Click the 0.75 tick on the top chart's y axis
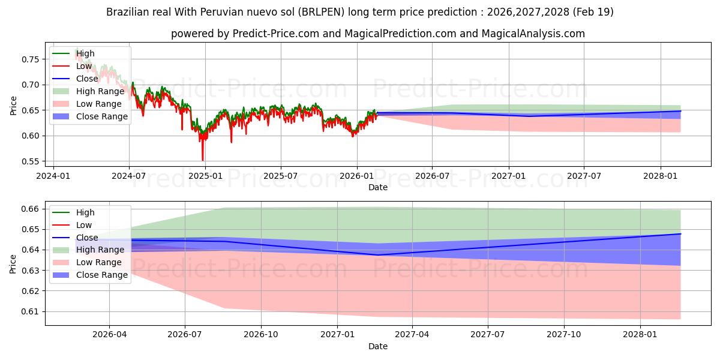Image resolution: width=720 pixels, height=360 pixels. (30, 59)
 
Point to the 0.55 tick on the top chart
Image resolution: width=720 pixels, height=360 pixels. (30, 161)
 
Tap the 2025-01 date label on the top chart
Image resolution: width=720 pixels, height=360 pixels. (205, 176)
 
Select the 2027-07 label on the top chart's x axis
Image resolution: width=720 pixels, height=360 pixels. (584, 176)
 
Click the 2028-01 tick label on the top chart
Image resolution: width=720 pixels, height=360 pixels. (660, 176)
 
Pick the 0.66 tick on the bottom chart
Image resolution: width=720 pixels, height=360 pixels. (30, 209)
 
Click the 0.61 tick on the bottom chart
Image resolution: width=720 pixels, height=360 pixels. (30, 311)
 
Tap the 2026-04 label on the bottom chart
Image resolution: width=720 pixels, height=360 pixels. (109, 335)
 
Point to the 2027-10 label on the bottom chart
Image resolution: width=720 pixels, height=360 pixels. (564, 335)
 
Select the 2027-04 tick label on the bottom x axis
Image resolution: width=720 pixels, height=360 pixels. (412, 335)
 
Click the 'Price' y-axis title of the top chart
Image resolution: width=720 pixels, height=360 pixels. (13, 106)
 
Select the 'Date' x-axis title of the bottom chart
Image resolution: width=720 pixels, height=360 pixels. (377, 346)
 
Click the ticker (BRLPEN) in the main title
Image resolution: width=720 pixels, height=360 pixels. (321, 12)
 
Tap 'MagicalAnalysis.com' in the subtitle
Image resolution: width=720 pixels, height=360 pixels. (533, 34)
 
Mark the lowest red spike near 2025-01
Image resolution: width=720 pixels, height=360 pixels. (203, 160)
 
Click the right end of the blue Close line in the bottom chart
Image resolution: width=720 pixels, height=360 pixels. (680, 233)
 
